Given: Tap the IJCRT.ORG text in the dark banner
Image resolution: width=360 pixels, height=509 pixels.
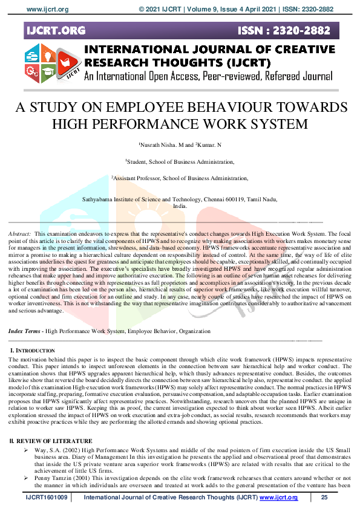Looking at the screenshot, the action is [x=56, y=30].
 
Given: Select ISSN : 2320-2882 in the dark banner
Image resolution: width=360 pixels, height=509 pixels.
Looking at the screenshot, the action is [x=293, y=30].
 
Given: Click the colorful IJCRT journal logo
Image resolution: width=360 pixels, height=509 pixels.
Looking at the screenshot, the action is [x=51, y=64].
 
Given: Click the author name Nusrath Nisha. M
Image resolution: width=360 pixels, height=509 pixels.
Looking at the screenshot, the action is [x=160, y=146].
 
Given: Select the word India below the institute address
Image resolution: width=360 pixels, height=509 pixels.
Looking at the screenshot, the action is [x=180, y=206].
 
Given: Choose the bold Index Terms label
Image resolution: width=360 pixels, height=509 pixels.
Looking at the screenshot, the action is [x=25, y=331].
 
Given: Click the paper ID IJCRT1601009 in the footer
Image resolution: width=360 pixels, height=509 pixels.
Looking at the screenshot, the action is [x=48, y=498].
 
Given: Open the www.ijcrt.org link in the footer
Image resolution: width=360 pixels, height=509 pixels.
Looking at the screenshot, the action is [x=278, y=498].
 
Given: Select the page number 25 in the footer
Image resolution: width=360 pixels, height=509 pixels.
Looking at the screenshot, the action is [x=324, y=498].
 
